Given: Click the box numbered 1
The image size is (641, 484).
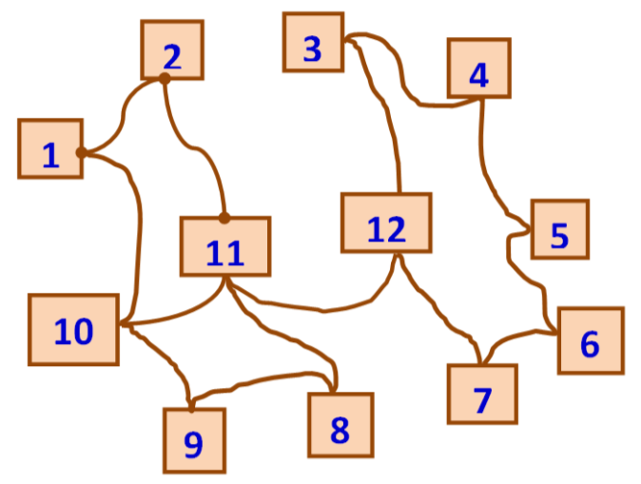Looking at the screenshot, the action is coord(50,149).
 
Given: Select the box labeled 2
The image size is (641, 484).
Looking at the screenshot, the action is coord(172,50).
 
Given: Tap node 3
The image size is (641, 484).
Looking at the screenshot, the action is coord(313,42).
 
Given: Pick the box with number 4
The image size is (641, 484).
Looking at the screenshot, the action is coord(479,68).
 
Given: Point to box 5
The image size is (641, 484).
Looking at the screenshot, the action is coord(559,229).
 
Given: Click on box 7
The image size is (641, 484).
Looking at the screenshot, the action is coord(483,394).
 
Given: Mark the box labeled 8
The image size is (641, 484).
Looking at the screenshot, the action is coord(340,424).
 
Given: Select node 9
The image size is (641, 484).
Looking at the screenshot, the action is coord(194,439).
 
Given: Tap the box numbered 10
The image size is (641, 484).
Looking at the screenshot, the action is coord(74,329).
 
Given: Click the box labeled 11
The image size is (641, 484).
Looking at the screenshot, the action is coord(225,246).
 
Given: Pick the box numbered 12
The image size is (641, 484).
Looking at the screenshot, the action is coord(386,223).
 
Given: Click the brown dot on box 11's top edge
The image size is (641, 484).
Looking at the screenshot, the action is coord(224,218).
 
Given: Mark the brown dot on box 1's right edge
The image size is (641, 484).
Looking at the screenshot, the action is coord(82,152).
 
